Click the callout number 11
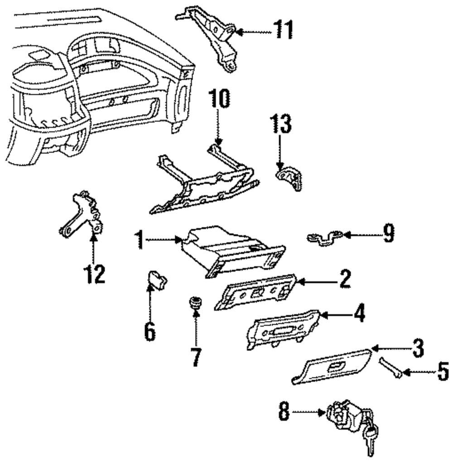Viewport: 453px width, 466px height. coord(283,29)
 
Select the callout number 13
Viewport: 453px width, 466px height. coord(280,124)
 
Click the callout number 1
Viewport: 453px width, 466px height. coord(139,240)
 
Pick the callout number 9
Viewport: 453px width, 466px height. coord(388,234)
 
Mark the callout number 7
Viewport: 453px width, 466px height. coord(196,357)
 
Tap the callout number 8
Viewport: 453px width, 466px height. coord(284,412)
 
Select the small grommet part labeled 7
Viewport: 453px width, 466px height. coord(195,303)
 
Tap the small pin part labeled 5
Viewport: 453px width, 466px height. coord(390,368)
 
